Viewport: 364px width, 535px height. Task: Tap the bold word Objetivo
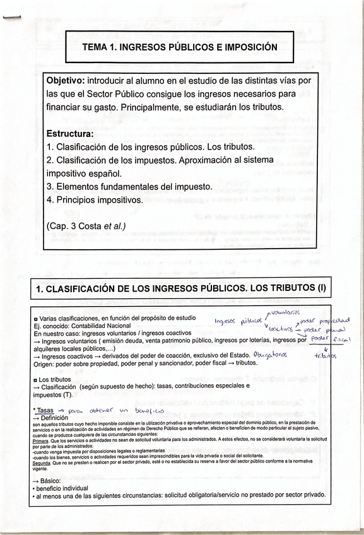click(x=65, y=81)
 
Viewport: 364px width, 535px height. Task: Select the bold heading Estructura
click(x=70, y=134)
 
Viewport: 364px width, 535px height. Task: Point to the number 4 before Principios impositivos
click(x=49, y=200)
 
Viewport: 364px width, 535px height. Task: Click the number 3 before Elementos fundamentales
click(x=49, y=187)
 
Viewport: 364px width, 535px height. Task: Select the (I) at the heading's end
click(x=320, y=288)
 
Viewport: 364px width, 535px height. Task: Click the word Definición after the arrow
click(x=58, y=418)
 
